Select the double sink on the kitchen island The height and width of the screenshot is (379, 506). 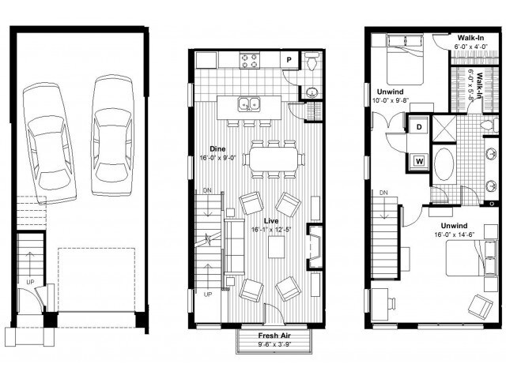pyautogui.click(x=251, y=103)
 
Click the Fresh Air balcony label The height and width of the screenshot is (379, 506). pyautogui.click(x=274, y=335)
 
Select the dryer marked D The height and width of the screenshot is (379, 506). pyautogui.click(x=417, y=126)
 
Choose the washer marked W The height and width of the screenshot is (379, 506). pyautogui.click(x=417, y=161)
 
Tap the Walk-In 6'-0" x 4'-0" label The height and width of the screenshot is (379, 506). pyautogui.click(x=474, y=41)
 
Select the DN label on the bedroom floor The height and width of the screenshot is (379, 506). pyautogui.click(x=383, y=193)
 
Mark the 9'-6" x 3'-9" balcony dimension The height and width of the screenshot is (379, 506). pyautogui.click(x=274, y=344)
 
